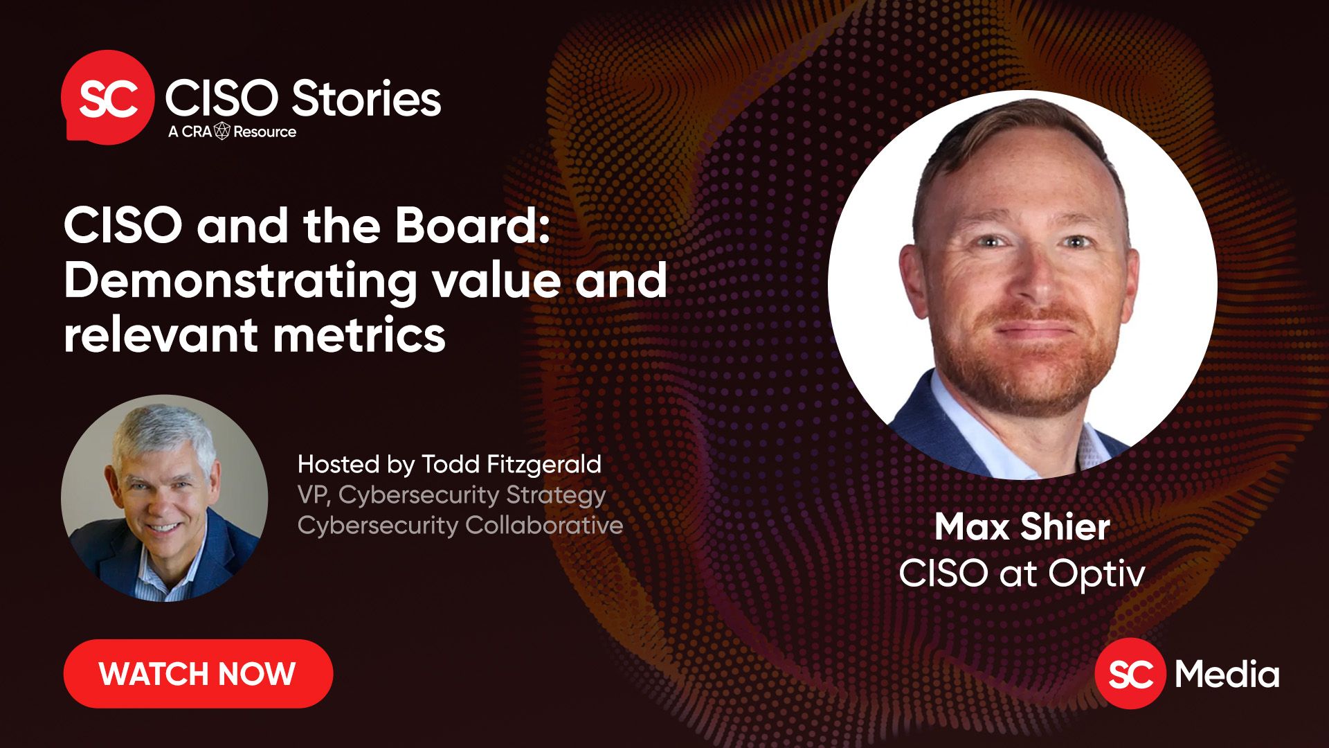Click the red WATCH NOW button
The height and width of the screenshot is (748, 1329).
pyautogui.click(x=198, y=674)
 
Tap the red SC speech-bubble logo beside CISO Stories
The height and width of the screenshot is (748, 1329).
pyautogui.click(x=107, y=97)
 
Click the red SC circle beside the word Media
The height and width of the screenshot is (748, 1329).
pyautogui.click(x=1130, y=673)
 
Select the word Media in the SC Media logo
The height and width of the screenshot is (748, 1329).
pyautogui.click(x=1227, y=674)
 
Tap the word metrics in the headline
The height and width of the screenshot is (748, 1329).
pyautogui.click(x=359, y=335)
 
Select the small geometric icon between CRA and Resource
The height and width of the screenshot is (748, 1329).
pyautogui.click(x=222, y=131)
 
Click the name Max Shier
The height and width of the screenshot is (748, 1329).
pyautogui.click(x=1022, y=527)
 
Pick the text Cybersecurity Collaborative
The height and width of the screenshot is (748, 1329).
pyautogui.click(x=460, y=526)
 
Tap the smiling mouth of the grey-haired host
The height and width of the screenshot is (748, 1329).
pyautogui.click(x=164, y=528)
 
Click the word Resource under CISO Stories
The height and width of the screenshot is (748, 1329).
pyautogui.click(x=264, y=132)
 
